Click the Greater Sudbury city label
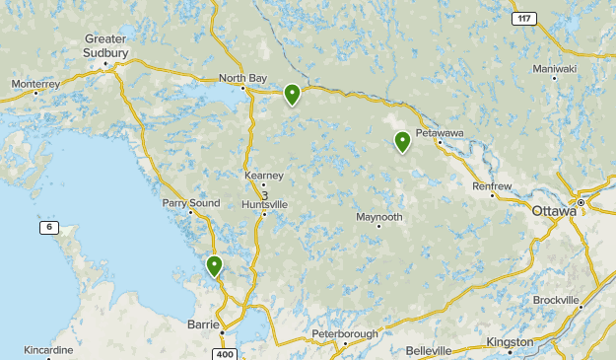point(105,45)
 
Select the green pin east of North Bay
point(292,95)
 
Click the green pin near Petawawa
point(402,142)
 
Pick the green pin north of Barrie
point(214,265)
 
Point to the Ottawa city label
point(552,211)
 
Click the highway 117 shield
point(523,19)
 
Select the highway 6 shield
point(48,228)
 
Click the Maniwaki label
point(554,69)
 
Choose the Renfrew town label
point(492,185)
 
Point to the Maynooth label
point(379,217)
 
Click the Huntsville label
point(264,204)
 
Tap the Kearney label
point(263,176)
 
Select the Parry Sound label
point(191,203)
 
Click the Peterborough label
point(344,334)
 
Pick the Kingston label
point(510,342)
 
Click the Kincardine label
point(49,350)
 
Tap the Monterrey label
point(36,85)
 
